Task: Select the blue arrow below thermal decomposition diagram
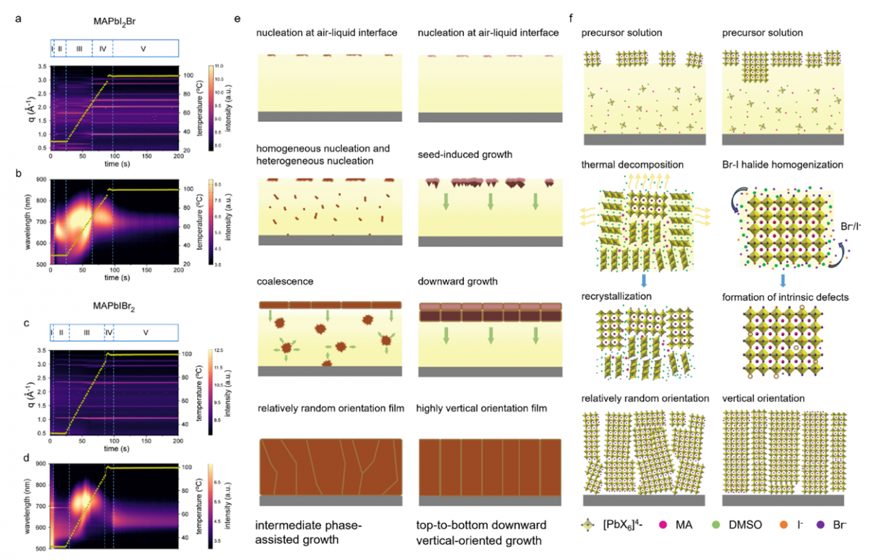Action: point(644,281)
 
